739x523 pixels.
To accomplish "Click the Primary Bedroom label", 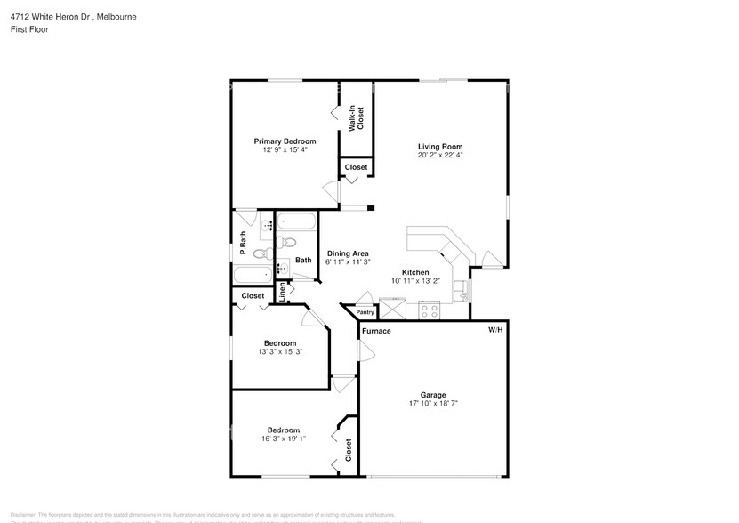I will tap(285, 141).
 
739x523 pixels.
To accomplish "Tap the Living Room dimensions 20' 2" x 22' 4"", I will tap(440, 155).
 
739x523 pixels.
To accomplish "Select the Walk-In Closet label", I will tap(357, 118).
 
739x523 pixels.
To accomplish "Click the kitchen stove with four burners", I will tap(430, 311).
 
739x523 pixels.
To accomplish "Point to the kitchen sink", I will tap(462, 291).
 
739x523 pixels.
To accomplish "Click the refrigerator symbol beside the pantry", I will tap(392, 310).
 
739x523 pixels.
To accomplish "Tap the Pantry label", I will tap(365, 312).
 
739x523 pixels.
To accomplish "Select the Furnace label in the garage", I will tap(376, 331).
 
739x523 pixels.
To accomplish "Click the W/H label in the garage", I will tap(494, 330).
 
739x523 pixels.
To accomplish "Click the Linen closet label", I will tap(283, 293).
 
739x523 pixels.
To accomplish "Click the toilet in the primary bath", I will tap(261, 253).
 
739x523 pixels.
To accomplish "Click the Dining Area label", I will tap(347, 253).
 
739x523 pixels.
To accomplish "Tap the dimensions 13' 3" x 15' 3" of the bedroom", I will tap(279, 352).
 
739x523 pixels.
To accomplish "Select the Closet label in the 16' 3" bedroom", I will tap(348, 451).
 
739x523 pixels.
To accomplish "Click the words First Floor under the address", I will tap(29, 29).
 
